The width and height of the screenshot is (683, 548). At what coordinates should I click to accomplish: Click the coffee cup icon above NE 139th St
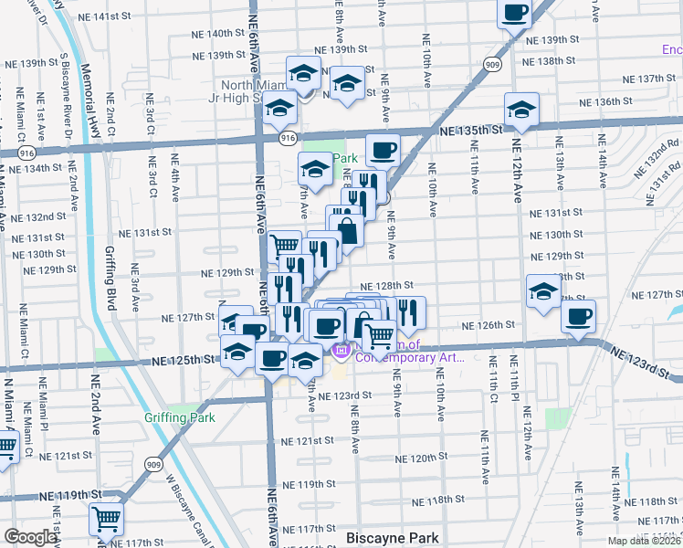click(515, 13)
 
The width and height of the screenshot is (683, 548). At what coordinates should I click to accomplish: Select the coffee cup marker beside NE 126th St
click(577, 318)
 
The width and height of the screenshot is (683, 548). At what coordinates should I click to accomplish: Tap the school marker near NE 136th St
click(521, 111)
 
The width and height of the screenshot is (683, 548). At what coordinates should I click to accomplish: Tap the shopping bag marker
click(347, 228)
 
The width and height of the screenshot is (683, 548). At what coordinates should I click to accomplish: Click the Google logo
click(30, 537)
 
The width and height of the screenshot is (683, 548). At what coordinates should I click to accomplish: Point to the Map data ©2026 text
click(644, 541)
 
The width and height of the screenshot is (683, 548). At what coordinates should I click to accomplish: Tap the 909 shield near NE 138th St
click(492, 65)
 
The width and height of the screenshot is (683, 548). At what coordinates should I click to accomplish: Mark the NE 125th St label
click(190, 361)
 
